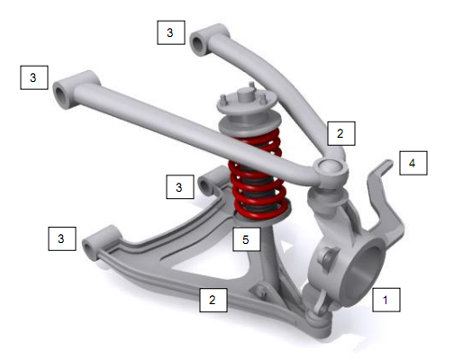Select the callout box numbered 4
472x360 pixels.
click(412, 163)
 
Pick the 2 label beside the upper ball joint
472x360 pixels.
click(340, 132)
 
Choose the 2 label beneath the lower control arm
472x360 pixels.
click(213, 300)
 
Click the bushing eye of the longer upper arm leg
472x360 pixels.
click(65, 92)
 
